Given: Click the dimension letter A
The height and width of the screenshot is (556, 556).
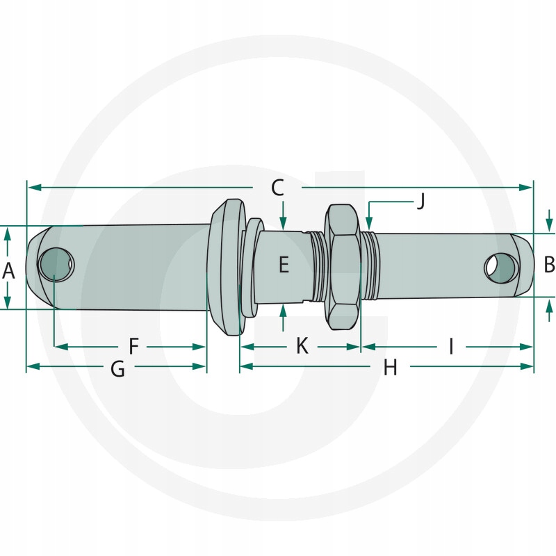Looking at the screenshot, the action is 8,271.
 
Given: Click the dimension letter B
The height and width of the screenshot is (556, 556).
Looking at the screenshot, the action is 549,265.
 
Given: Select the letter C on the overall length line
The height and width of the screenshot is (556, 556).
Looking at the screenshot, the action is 277,188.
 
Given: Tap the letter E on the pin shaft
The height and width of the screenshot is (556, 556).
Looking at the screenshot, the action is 284,264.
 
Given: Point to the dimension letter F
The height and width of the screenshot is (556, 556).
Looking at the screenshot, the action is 133,346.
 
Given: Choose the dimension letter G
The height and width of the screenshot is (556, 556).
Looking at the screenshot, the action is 117,369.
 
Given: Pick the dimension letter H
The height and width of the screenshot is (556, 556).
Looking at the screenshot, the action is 390,368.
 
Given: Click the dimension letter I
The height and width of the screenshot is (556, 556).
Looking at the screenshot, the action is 451,346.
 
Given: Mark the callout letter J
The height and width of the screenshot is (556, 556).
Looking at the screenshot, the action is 420,201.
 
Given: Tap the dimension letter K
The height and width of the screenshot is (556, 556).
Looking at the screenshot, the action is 302,345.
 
